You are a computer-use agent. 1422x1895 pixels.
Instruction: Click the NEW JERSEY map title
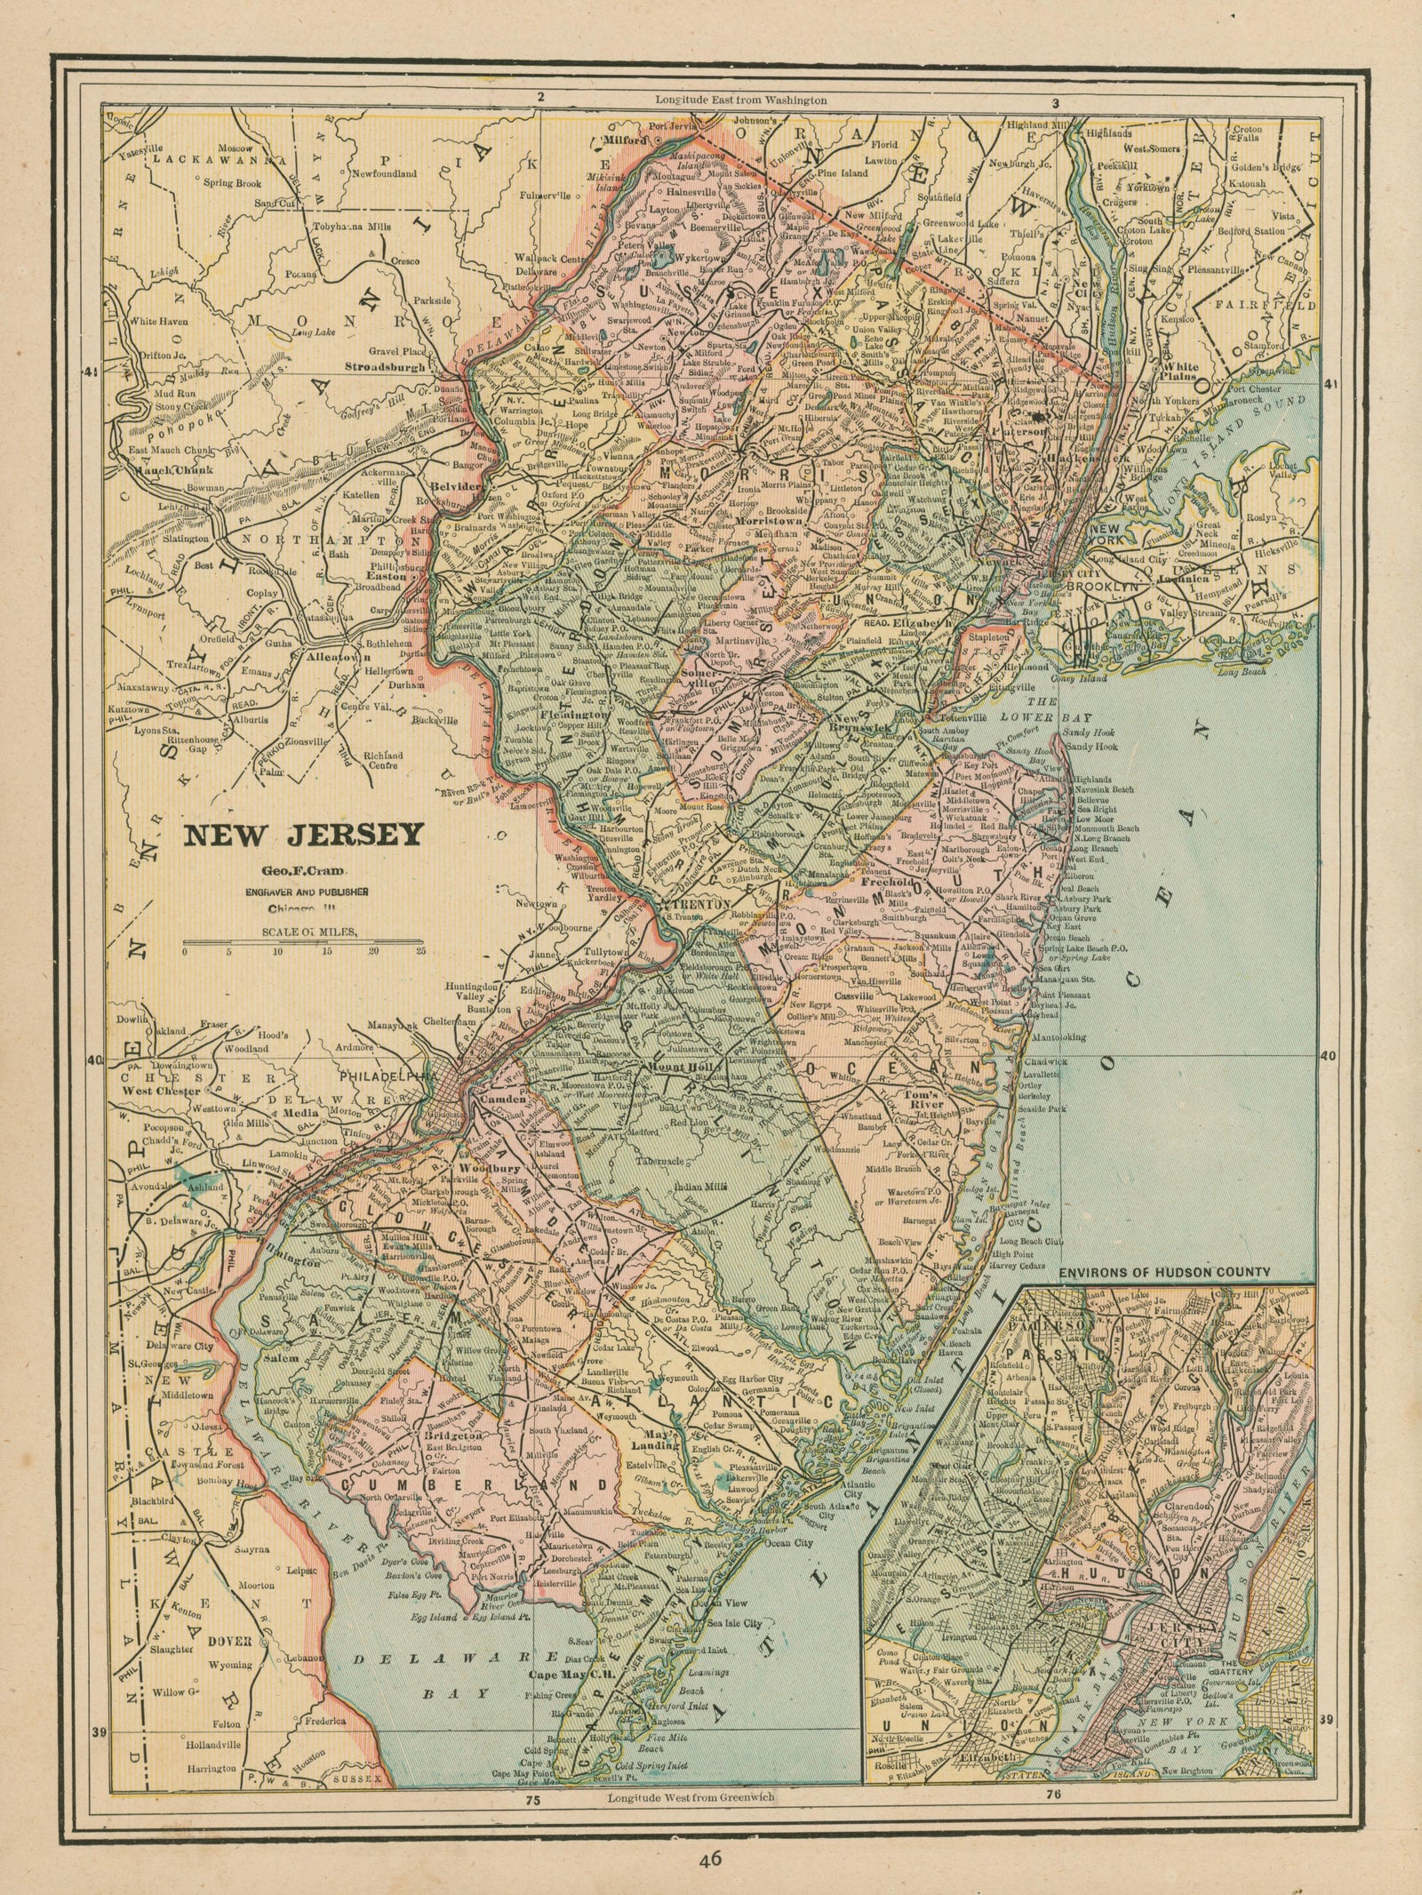302,836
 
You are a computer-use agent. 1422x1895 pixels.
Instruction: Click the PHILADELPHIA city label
391,1074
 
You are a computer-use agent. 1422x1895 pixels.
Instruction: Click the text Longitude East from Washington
740,100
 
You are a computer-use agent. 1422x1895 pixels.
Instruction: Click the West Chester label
160,1090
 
